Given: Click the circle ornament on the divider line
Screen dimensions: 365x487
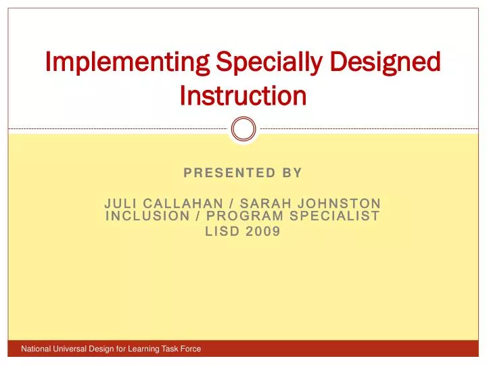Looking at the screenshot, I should point(243,128).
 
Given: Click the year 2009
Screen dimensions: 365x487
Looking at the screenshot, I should point(264,231).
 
